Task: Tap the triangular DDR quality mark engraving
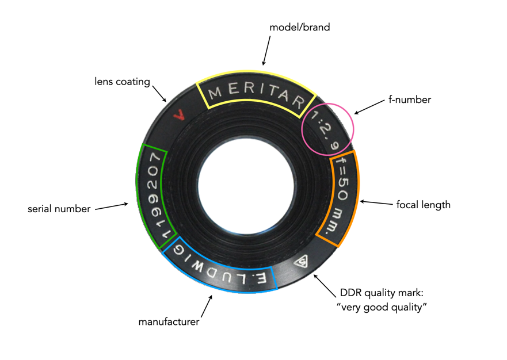(x=301, y=262)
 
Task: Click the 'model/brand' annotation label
(x=300, y=27)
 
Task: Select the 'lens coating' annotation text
(x=122, y=81)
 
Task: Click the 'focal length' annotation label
(x=424, y=204)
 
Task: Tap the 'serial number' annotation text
(x=59, y=209)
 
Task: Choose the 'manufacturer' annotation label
(x=169, y=321)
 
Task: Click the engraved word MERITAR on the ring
(x=256, y=95)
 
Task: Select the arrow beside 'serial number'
(x=113, y=206)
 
